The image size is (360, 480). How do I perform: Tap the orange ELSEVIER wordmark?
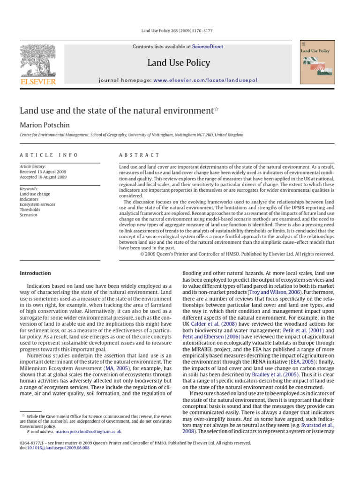pyautogui.click(x=37, y=82)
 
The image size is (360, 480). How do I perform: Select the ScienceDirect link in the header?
pyautogui.click(x=208, y=47)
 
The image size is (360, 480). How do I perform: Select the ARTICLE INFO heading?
pyautogui.click(x=49, y=155)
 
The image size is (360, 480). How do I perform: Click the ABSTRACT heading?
pyautogui.click(x=139, y=155)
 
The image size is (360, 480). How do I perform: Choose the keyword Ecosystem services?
pyautogui.click(x=37, y=204)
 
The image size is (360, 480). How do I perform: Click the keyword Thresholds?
pyautogui.click(x=30, y=210)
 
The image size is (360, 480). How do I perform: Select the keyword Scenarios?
pyautogui.click(x=29, y=215)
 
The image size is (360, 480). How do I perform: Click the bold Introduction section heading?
pyautogui.click(x=35, y=273)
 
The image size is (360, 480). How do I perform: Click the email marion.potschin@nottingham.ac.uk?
pyautogui.click(x=89, y=432)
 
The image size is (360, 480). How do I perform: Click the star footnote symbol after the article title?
pyautogui.click(x=216, y=110)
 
